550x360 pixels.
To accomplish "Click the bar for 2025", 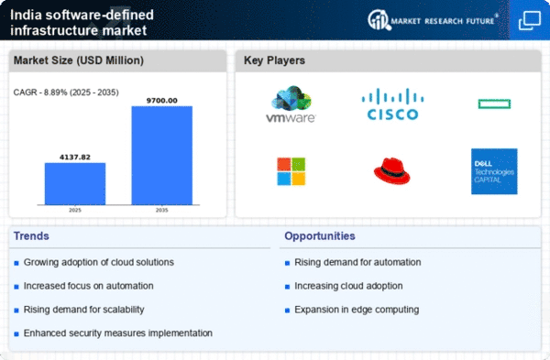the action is click(75, 184).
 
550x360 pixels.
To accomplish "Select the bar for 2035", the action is click(161, 156).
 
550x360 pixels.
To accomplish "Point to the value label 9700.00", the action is click(161, 101).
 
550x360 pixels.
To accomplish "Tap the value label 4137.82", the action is click(75, 158).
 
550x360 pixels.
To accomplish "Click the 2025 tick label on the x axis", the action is click(75, 211).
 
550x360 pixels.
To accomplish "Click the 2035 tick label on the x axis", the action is click(161, 211).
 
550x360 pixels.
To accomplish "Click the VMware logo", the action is click(291, 104).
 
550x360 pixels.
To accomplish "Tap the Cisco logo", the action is click(392, 104).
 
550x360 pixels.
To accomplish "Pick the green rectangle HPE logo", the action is click(494, 104).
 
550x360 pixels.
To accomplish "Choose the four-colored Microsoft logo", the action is click(291, 171).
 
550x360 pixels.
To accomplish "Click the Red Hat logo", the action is click(391, 170).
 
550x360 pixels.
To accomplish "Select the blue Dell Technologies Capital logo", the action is click(494, 171).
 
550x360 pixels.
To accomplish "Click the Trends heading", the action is click(31, 236).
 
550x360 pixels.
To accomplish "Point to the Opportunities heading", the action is click(320, 236).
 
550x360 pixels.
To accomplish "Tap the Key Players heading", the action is click(274, 60).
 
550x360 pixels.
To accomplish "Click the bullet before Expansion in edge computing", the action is click(287, 311).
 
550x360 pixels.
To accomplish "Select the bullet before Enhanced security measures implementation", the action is click(16, 334).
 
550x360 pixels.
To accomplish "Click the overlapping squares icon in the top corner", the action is click(530, 20).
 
